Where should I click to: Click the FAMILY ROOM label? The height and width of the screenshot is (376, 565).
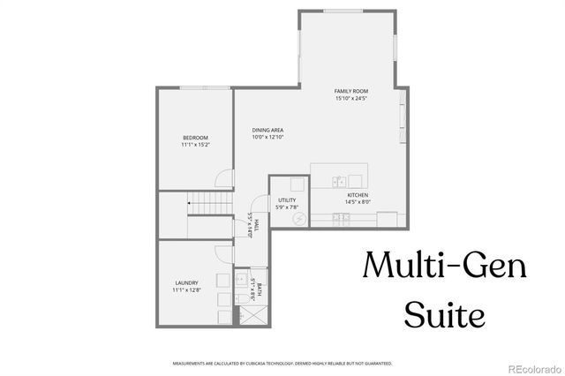pos(350,92)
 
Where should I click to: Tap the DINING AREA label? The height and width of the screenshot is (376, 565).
pos(267,130)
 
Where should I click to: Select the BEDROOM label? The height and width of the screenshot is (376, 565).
pos(195,137)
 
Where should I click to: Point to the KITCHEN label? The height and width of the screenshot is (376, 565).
pos(358,194)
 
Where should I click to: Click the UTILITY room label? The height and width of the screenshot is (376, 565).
pos(288,200)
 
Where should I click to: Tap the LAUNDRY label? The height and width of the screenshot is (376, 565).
pos(186,282)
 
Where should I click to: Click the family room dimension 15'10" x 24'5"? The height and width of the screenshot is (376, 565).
pos(350,99)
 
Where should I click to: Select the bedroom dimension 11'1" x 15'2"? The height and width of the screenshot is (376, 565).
pos(195,144)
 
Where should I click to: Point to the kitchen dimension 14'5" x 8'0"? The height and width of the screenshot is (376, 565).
pos(358,201)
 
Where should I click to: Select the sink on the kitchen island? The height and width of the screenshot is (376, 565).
pos(338,181)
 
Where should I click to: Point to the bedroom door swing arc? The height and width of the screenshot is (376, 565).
pos(224,177)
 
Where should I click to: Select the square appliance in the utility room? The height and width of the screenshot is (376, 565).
pos(297,185)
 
